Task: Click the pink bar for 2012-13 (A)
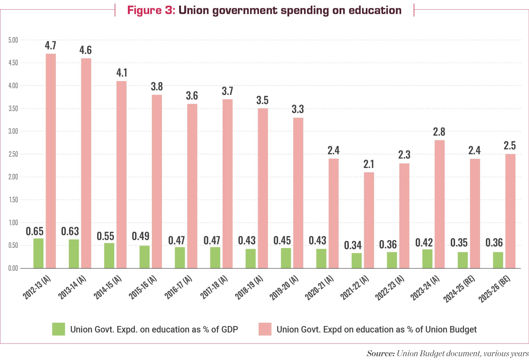51,161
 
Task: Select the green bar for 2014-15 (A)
109,255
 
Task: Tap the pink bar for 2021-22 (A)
369,220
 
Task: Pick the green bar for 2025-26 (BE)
498,260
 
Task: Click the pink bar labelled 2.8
439,204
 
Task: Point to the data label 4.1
122,73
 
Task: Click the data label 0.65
35,231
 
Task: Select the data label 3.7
227,91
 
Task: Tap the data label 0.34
353,245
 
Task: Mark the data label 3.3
298,109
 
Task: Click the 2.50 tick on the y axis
13,154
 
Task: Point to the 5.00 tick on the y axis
13,40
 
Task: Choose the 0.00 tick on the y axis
13,268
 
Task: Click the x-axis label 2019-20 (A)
284,287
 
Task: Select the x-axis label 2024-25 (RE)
459,289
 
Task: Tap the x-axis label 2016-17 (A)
178,287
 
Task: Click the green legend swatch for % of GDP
59,329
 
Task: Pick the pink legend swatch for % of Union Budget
265,329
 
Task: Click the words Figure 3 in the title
151,10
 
